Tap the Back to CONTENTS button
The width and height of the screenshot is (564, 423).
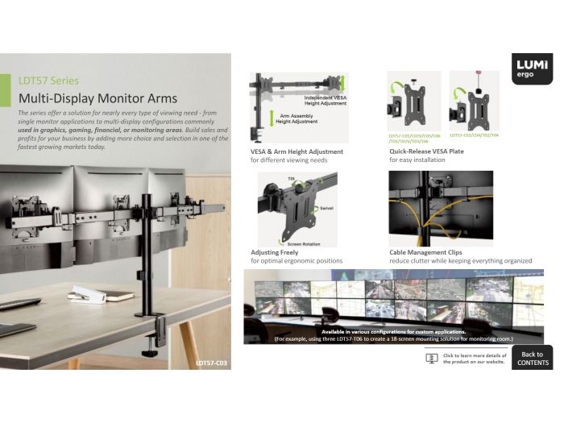pyautogui.click(x=532, y=359)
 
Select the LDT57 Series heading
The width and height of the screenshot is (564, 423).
pyautogui.click(x=48, y=81)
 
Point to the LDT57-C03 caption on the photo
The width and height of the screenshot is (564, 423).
pyautogui.click(x=211, y=363)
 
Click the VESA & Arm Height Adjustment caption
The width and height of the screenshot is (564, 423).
pyautogui.click(x=297, y=151)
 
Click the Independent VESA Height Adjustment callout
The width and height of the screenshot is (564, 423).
pyautogui.click(x=326, y=100)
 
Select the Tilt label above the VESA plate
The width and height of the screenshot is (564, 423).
pyautogui.click(x=292, y=176)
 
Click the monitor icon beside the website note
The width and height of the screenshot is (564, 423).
pyautogui.click(x=431, y=358)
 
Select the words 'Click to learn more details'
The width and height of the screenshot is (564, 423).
pyautogui.click(x=475, y=355)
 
